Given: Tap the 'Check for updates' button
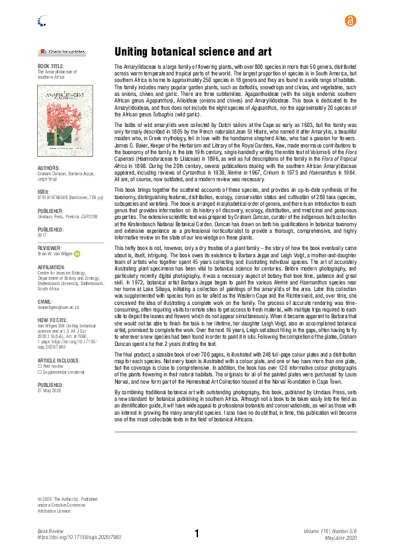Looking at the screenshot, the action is [62, 52].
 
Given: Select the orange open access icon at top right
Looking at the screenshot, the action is [350, 21].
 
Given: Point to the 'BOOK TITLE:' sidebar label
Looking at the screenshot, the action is [52, 67].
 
